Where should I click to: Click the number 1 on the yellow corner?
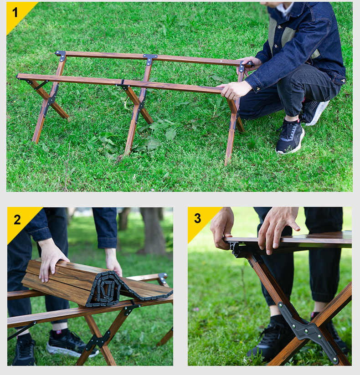coord(15,12)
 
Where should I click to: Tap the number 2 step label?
coord(17,220)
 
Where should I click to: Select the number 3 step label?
coord(197,218)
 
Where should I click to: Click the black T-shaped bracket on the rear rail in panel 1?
coord(150,59)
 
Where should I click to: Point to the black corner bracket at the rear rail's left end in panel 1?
coord(61,55)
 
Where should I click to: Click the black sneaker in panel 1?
coord(290,136)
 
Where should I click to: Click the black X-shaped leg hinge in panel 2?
coord(98,339)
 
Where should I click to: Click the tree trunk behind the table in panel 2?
coord(152,231)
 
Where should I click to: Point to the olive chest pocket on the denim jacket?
coord(288,36)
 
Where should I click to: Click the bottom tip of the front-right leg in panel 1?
coord(226,164)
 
